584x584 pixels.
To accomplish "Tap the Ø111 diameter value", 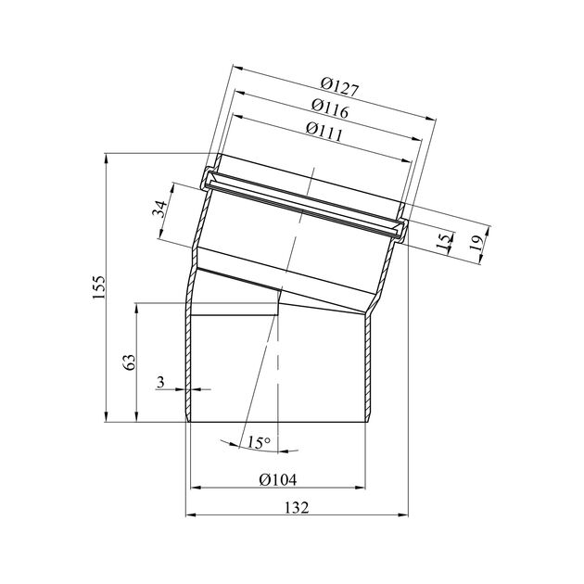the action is pos(324,132).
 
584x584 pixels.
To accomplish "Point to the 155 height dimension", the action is pos(99,286).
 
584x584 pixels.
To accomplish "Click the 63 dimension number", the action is pos(130,362).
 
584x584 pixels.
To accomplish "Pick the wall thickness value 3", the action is pos(160,382).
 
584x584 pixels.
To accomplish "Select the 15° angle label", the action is pos(259,442).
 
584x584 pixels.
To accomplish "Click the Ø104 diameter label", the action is pos(278,479).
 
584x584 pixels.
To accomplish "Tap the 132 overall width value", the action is pos(297,507).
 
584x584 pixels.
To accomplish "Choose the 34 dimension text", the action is pos(160,209).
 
